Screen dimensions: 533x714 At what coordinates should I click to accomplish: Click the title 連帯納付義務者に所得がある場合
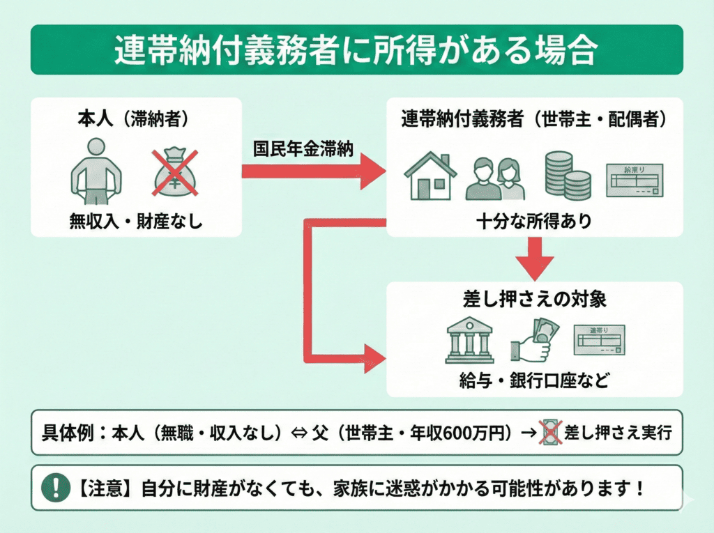coord(356,50)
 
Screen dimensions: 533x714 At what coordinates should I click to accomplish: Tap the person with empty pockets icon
coord(97,168)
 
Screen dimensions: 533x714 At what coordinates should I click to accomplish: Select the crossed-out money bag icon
coord(175,171)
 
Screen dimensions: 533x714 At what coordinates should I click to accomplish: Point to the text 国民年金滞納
coord(303,150)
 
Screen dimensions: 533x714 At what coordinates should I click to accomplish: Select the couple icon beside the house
coord(496,178)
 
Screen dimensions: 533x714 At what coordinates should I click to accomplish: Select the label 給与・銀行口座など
coord(534,382)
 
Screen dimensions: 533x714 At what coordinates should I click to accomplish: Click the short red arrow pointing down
coord(535,257)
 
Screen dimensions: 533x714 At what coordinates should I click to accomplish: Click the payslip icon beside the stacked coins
coord(633,180)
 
